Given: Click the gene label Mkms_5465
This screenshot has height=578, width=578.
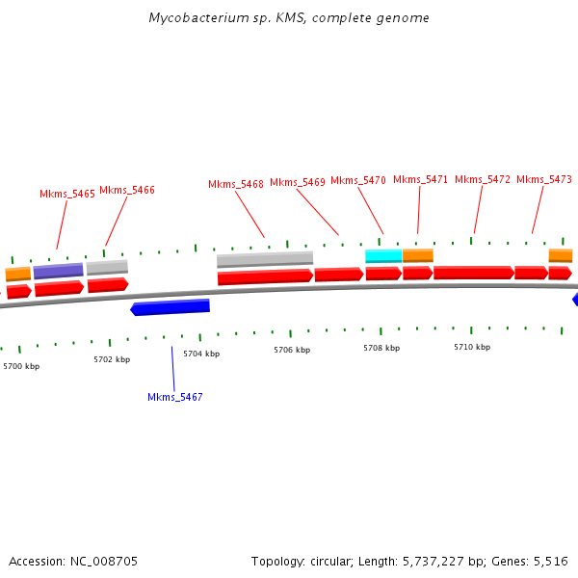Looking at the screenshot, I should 67,194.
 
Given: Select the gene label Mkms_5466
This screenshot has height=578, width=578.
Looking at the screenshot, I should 127,190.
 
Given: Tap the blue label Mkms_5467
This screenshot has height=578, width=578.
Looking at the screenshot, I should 175,397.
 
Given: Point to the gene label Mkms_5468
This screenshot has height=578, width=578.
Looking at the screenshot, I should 236,184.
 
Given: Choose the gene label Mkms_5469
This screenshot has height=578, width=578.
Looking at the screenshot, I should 298,182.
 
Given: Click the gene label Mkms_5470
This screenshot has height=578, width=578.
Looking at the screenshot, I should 358,180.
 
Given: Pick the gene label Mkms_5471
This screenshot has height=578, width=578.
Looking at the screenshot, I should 421,179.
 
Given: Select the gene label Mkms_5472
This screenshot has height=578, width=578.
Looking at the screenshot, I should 483,179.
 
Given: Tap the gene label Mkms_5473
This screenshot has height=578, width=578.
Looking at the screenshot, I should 544,179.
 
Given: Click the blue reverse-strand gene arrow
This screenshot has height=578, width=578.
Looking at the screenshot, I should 171,307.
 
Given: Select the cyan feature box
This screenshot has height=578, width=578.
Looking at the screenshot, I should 383,255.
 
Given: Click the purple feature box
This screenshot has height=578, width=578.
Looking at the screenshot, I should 59,271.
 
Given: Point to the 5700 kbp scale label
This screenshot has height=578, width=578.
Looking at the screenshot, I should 21,366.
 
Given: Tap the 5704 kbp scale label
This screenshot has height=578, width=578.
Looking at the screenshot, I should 201,354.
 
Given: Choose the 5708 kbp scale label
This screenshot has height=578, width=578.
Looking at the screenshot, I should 381,348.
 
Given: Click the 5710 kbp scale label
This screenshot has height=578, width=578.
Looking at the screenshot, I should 472,347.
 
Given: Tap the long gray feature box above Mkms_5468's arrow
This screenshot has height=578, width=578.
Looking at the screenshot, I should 265,259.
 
